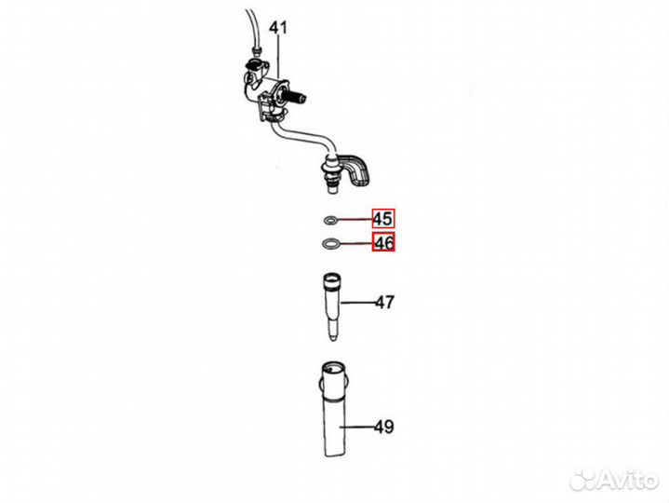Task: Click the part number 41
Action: (278, 28)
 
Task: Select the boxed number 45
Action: (383, 219)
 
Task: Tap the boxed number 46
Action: (383, 242)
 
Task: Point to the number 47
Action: (385, 303)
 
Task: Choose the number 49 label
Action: (384, 427)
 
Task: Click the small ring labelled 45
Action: (330, 221)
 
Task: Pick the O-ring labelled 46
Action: (329, 244)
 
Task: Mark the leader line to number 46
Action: (355, 244)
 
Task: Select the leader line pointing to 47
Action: (358, 303)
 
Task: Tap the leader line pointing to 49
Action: (357, 427)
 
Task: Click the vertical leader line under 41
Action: (278, 57)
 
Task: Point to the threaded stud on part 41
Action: (296, 97)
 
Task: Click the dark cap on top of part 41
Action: (254, 65)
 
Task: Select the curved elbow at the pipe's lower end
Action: (355, 169)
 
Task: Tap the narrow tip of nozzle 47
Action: (333, 333)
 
